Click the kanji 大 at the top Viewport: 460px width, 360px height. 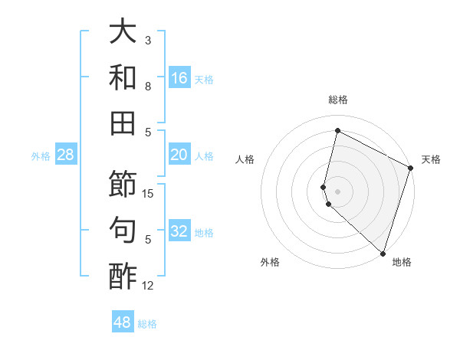pos(123,31)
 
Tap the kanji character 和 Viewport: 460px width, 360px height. pos(123,77)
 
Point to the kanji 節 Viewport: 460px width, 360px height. pos(123,184)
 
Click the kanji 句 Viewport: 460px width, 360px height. pos(123,230)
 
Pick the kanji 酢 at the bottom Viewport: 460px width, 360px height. pos(123,276)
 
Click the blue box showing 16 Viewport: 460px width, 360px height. pos(179,77)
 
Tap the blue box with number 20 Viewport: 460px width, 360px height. pos(179,155)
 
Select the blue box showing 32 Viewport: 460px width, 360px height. pos(179,231)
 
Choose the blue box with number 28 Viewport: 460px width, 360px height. pos(66,155)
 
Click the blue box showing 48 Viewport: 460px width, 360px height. pos(123,322)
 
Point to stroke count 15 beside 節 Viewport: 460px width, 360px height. pos(148,194)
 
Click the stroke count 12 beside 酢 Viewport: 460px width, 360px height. pos(148,286)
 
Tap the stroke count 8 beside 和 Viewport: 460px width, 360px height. pos(148,87)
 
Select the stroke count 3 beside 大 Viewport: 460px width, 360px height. pos(148,40)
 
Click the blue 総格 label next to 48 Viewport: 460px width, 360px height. pos(147,323)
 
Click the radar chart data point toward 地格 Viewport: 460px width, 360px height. pos(383,254)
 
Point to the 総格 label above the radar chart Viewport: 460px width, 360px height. pos(337,100)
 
